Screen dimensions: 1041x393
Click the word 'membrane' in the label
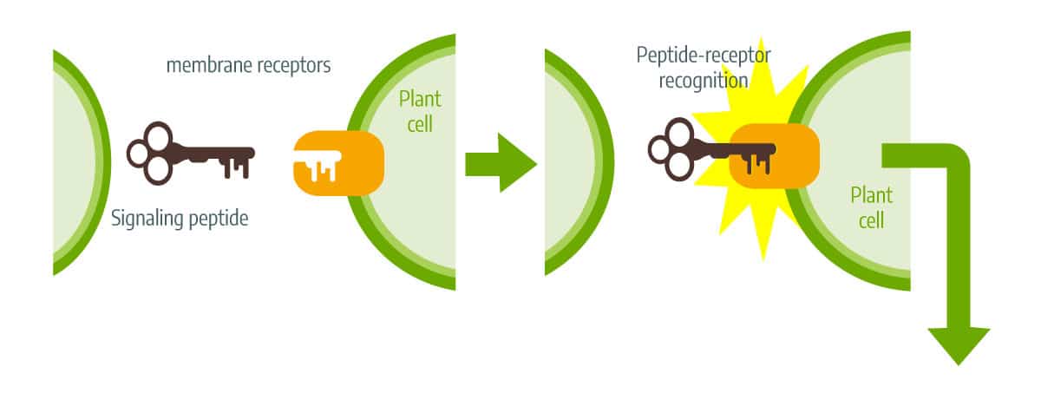(209, 65)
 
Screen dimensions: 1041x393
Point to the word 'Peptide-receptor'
(704, 56)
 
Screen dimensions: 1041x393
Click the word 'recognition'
(704, 82)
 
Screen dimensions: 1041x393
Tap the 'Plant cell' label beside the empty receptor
(420, 112)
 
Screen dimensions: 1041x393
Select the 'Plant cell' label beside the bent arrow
(871, 207)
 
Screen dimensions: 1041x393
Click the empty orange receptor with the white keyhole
(339, 163)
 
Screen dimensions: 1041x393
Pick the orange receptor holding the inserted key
(774, 155)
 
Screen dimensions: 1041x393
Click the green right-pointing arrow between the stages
(501, 162)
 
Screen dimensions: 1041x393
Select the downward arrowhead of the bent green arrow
(959, 344)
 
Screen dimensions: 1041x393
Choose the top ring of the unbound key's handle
(159, 135)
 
